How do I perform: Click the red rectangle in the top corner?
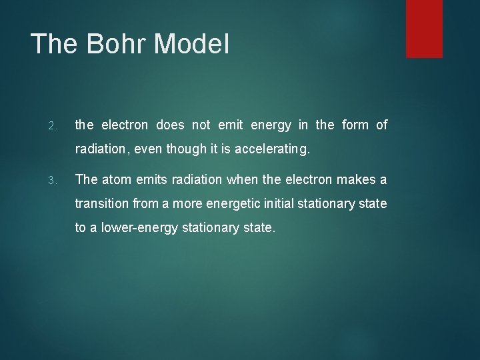coord(424,28)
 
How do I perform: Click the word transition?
coord(101,203)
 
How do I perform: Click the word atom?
coord(116,179)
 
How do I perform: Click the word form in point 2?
coord(355,125)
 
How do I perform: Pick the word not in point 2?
coord(201,125)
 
